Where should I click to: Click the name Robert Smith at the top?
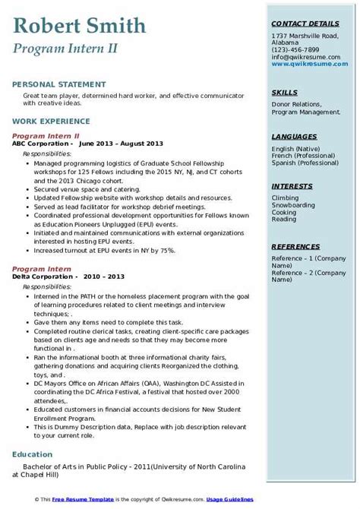click(79, 27)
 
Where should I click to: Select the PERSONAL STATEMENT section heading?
click(52, 84)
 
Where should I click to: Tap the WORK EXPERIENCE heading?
click(47, 121)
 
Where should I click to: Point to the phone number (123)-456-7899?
click(298, 49)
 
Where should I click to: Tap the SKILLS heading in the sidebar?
click(284, 93)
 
